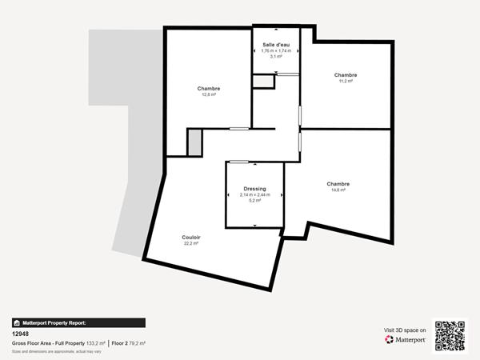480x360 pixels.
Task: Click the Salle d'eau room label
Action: (276, 45)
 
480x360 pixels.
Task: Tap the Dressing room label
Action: (255, 189)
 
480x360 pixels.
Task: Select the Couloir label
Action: (190, 237)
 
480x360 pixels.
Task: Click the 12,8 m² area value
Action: (209, 94)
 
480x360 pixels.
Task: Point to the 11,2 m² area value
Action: (346, 81)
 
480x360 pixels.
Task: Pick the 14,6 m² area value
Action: (338, 190)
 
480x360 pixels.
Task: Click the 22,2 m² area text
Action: (190, 243)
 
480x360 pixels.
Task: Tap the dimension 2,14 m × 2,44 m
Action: (255, 195)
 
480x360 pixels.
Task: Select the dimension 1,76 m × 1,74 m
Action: (276, 51)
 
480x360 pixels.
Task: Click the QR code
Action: (450, 336)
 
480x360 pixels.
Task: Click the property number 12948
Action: (20, 334)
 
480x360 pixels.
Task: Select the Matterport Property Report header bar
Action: (78, 323)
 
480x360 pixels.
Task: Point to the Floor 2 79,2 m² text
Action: (128, 343)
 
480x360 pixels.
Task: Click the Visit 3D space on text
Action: (405, 329)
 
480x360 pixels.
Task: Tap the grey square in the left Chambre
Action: (194, 142)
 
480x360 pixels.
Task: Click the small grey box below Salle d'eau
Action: (262, 81)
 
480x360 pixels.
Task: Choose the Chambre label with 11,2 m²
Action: (346, 74)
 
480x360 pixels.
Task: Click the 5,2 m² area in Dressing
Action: (255, 201)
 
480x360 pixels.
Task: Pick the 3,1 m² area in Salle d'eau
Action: (276, 57)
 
